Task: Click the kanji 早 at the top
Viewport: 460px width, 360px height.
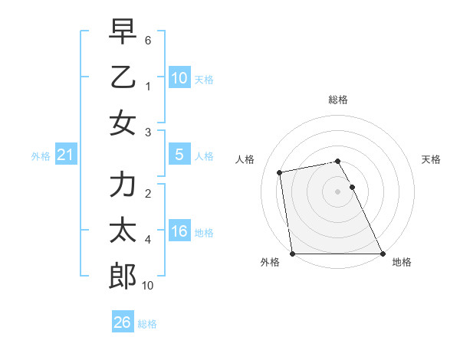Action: pos(123,33)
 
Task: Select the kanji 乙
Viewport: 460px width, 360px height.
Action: pos(123,77)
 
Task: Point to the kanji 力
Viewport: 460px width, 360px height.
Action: pos(123,185)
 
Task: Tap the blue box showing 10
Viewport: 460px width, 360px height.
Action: pos(179,77)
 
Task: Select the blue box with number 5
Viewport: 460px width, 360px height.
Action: pos(179,155)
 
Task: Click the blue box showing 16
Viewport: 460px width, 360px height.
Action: pos(179,231)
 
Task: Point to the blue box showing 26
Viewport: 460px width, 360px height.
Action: pos(123,322)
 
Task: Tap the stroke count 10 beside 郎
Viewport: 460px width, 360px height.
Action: pos(148,285)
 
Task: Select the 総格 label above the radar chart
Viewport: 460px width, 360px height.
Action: pos(338,100)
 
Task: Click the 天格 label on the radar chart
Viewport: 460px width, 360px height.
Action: pos(431,159)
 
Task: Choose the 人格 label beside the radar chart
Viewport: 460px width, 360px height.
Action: pos(245,159)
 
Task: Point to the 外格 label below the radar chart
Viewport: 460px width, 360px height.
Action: pos(270,263)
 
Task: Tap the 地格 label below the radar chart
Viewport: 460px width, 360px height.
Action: pos(402,263)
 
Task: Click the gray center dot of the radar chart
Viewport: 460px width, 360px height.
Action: pos(338,191)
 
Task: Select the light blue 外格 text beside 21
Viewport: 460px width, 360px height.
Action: pos(41,156)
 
